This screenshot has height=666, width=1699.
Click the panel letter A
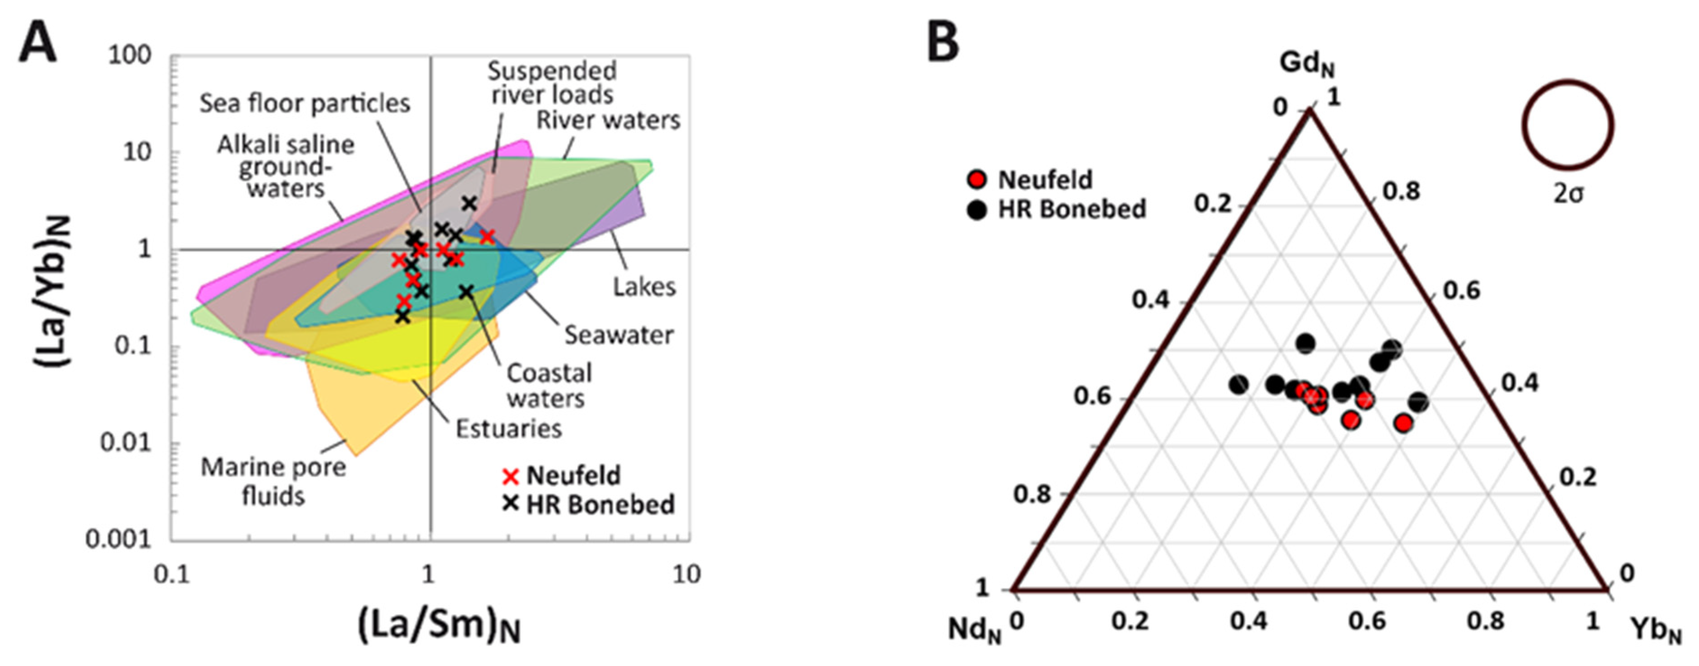tap(37, 41)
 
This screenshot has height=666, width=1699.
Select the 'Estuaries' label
tap(508, 428)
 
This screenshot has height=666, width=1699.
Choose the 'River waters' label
tap(607, 120)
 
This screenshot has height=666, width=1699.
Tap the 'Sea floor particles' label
tap(305, 104)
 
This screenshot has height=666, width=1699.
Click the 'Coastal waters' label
tap(548, 386)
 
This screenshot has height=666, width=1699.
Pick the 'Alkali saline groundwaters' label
tap(286, 166)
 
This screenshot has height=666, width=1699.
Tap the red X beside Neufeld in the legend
tap(511, 475)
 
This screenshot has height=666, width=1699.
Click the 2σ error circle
tap(1567, 125)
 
